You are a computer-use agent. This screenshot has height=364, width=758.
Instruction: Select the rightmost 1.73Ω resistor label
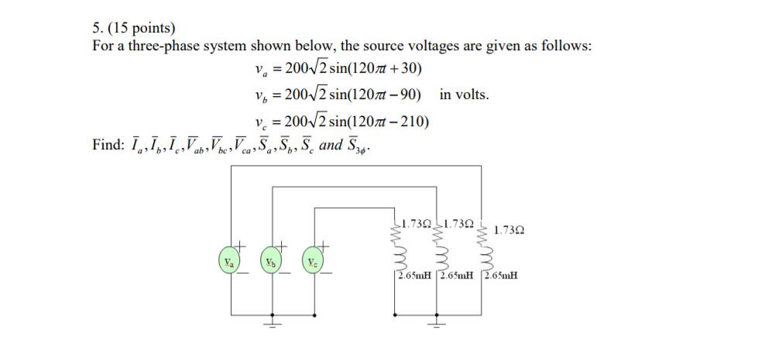tap(509, 230)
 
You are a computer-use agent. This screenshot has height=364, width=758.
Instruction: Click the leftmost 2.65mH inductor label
tap(416, 275)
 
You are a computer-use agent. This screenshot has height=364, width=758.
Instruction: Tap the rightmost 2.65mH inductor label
tap(501, 275)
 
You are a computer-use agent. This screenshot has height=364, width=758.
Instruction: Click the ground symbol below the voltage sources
tap(272, 322)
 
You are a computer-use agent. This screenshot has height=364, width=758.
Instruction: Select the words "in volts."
tap(464, 94)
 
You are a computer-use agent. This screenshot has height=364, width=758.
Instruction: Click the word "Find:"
tap(106, 145)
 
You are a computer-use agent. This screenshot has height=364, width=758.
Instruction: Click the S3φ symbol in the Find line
tap(359, 146)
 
